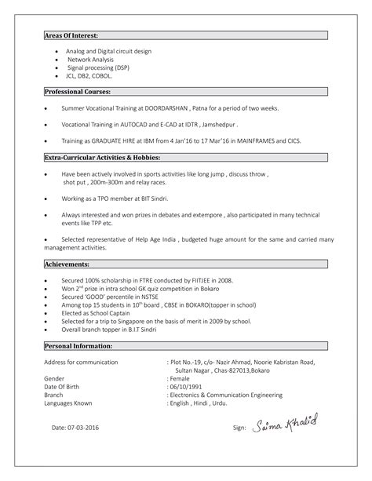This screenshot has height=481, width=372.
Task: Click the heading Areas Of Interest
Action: (x=71, y=36)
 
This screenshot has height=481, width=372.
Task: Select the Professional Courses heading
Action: (x=77, y=92)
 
